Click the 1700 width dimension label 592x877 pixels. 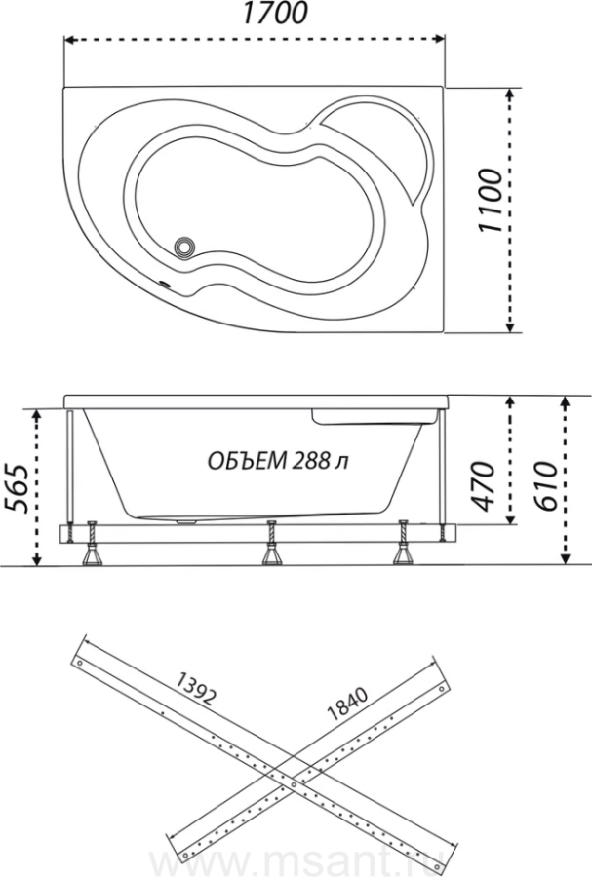274,14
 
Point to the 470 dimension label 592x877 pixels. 483,485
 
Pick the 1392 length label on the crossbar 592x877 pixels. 195,688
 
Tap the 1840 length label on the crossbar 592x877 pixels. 347,704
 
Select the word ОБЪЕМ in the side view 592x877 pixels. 248,461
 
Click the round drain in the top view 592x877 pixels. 184,247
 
